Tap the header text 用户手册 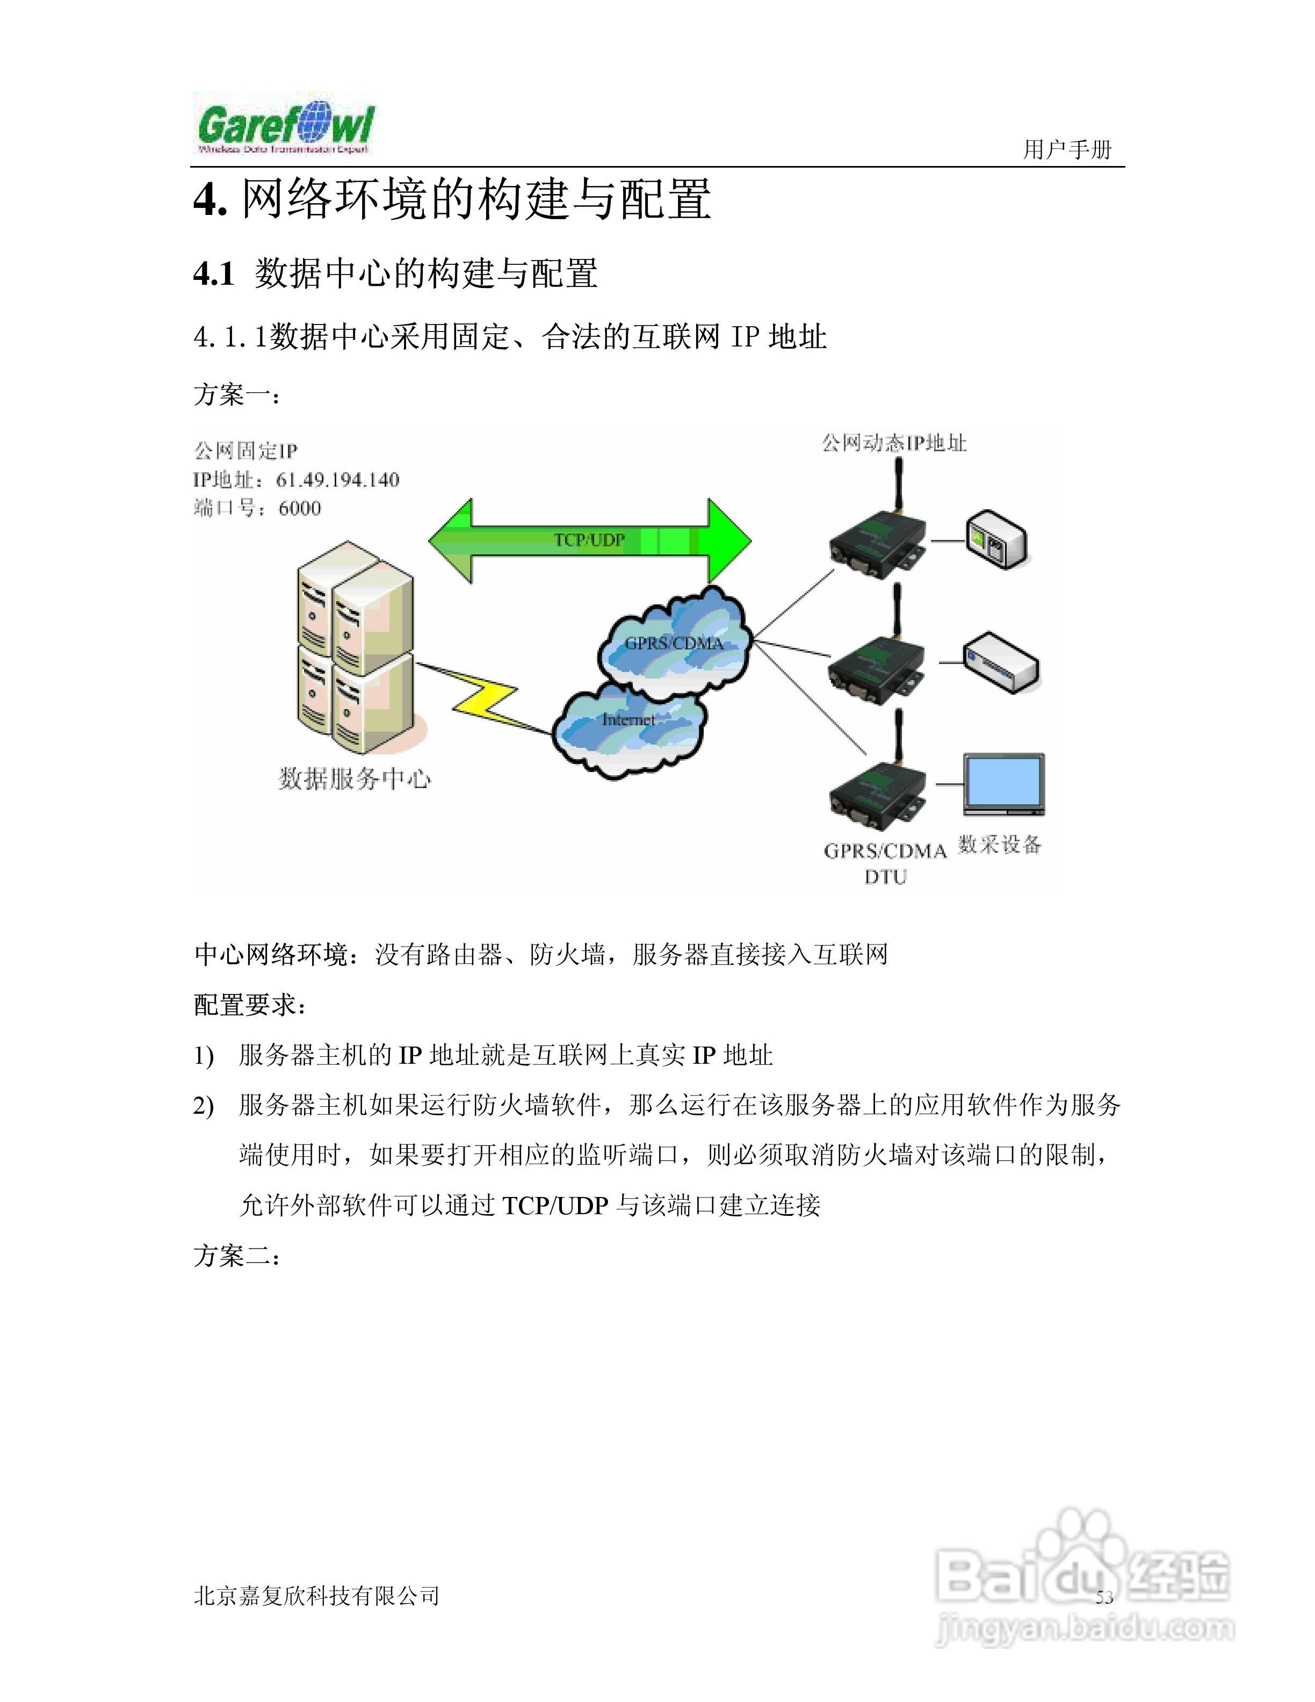pos(1067,150)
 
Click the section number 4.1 pos(213,273)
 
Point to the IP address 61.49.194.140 pos(337,479)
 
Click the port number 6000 pos(300,508)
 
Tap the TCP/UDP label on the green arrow pos(589,540)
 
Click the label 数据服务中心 pos(355,778)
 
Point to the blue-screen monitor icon pos(1003,783)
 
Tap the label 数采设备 pos(1000,844)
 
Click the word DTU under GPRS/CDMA pos(885,877)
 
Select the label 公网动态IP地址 pos(894,443)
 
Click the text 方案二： pos(236,1256)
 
